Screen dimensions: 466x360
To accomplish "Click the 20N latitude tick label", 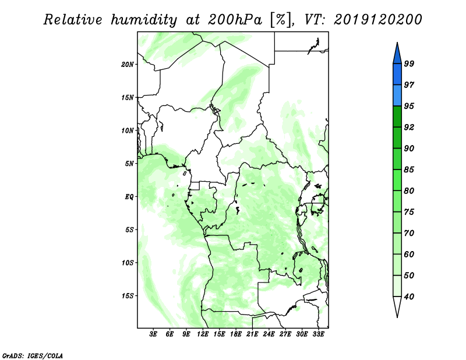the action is (128, 64).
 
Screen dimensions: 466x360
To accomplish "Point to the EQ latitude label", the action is (129, 197).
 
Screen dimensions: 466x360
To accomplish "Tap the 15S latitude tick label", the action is (128, 296).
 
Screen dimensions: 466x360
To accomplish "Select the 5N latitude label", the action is (129, 164).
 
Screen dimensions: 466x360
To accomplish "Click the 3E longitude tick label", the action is (153, 334).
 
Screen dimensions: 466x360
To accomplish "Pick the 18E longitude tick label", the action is (236, 334).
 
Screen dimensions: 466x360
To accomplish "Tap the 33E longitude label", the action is (318, 334).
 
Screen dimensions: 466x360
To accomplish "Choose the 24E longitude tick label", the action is (269, 334).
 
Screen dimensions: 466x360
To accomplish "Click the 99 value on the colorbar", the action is (409, 63).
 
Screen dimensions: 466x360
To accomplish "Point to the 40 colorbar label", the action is (409, 297).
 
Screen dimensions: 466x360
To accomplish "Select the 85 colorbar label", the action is (409, 170).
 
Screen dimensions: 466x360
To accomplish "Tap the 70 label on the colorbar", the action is (409, 233).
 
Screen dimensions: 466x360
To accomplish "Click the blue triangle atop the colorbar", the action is (397, 54).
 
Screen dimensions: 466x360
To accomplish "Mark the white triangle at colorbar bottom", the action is (397, 306).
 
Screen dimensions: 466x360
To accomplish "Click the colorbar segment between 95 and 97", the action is (397, 96).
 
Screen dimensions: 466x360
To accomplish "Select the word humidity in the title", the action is (144, 20).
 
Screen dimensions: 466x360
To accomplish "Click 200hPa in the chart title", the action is (235, 20).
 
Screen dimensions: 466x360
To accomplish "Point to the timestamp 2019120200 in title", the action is (377, 20).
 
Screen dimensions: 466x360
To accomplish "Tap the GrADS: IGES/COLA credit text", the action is (33, 355).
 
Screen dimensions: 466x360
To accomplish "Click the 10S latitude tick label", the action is (128, 263).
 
